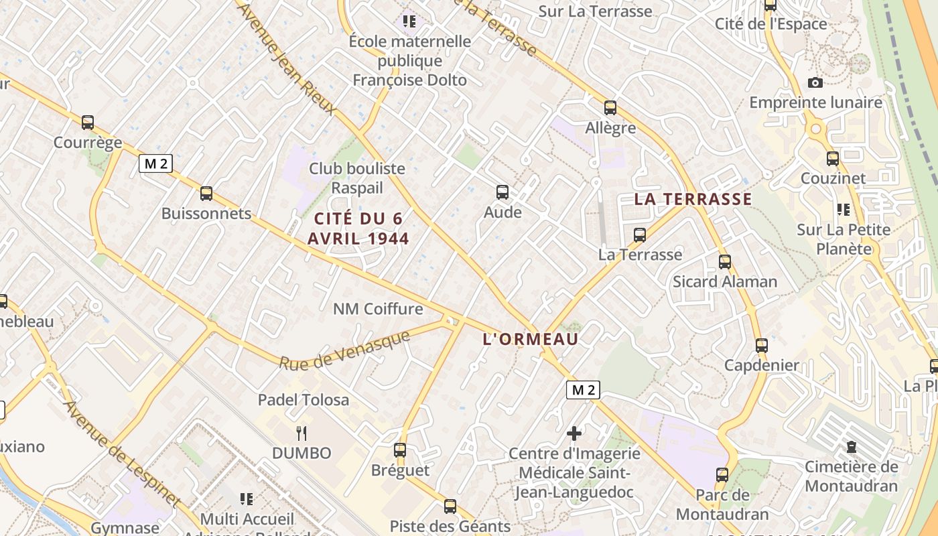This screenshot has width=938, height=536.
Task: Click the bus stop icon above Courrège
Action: click(88, 123)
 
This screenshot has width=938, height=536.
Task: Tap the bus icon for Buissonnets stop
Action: click(206, 194)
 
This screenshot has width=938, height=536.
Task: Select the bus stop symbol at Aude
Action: click(503, 192)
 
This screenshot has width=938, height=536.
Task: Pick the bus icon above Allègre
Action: click(610, 107)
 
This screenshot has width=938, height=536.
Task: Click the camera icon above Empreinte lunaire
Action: click(815, 82)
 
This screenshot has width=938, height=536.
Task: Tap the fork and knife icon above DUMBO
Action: click(301, 433)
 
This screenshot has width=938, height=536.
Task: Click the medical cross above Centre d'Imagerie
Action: click(574, 433)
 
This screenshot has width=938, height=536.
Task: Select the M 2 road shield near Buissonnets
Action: click(155, 163)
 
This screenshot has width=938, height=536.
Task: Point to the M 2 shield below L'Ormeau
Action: click(583, 390)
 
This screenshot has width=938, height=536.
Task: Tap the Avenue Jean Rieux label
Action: click(286, 59)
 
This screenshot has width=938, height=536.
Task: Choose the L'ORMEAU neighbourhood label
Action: click(531, 339)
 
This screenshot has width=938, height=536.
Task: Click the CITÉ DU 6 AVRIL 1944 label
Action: click(358, 228)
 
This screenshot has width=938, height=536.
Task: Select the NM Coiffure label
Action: click(378, 309)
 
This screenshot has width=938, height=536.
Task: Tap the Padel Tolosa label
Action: click(304, 400)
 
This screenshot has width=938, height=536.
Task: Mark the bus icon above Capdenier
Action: click(762, 346)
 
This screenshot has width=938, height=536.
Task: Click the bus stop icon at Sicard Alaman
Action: click(725, 262)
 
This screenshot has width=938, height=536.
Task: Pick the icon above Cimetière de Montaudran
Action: click(852, 446)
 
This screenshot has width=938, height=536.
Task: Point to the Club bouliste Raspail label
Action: click(357, 178)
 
